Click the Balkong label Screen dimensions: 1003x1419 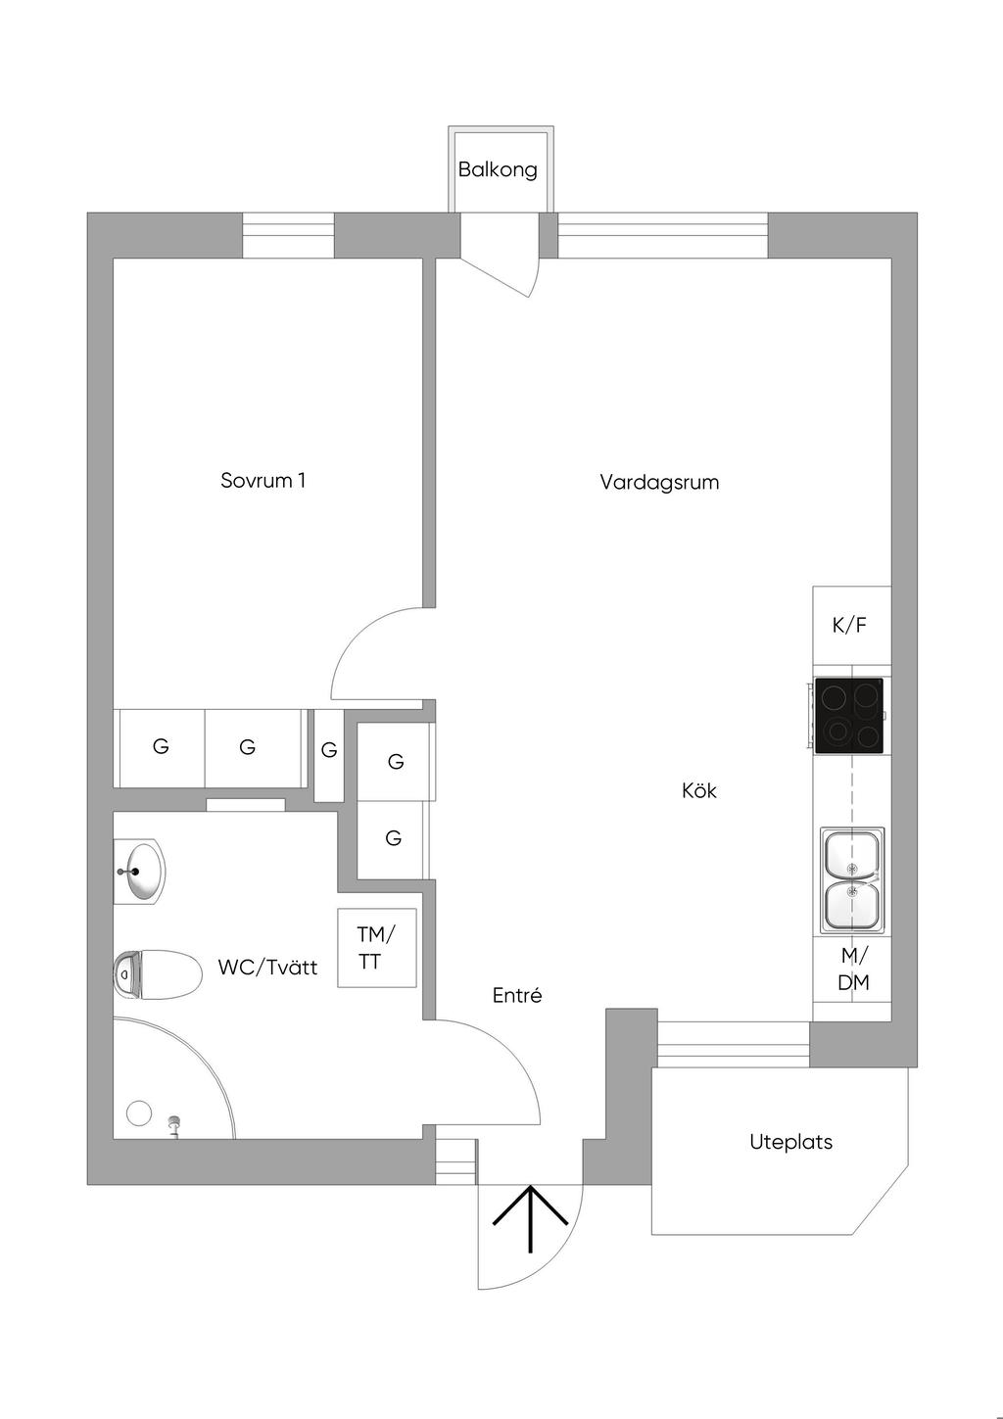click(498, 169)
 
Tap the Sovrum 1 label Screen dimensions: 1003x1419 click(263, 480)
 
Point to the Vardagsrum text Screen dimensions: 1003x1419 click(659, 483)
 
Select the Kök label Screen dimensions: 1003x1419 click(699, 790)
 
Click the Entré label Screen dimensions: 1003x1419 click(517, 995)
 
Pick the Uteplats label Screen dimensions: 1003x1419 click(790, 1142)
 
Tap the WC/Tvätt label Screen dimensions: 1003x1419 click(267, 968)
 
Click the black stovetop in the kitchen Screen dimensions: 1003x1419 click(848, 716)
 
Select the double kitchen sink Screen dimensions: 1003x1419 click(852, 880)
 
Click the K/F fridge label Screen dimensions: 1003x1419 click(849, 626)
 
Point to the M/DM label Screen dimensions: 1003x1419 click(853, 970)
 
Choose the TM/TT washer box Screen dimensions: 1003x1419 click(377, 948)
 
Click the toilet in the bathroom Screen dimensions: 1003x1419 click(157, 975)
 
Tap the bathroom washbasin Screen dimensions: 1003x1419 click(141, 872)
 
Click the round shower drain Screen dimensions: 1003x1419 click(139, 1113)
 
